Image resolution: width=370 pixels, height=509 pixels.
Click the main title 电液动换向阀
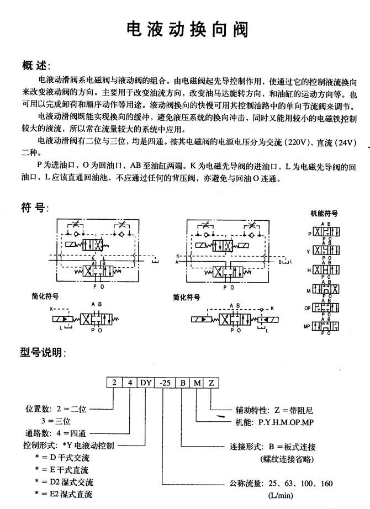pyautogui.click(x=184, y=28)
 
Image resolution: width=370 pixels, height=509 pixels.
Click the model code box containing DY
pyautogui.click(x=146, y=383)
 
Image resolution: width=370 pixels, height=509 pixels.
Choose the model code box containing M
pyautogui.click(x=197, y=383)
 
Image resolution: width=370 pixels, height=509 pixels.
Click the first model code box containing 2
pyautogui.click(x=114, y=383)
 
